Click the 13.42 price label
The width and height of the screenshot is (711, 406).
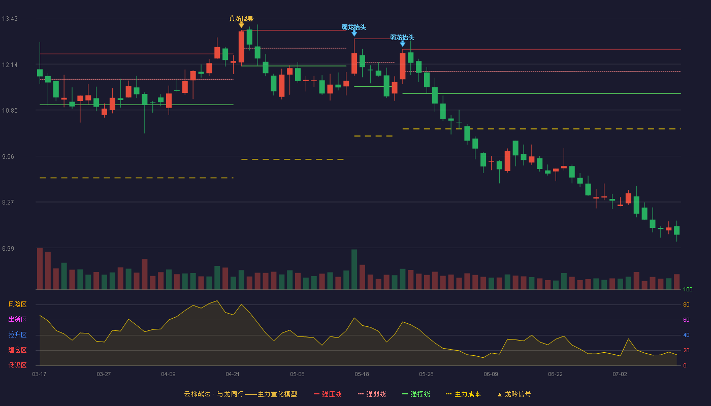point(10,19)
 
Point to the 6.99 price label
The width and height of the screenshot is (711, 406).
point(8,248)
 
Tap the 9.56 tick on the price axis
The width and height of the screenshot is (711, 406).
point(8,157)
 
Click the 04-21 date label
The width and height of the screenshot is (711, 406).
point(233,375)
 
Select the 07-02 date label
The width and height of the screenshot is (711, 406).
point(620,375)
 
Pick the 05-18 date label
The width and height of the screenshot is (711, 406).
point(362,375)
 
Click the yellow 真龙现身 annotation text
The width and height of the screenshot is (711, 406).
point(241,18)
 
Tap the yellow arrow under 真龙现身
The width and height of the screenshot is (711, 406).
point(241,25)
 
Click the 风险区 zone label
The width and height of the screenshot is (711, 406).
point(17,304)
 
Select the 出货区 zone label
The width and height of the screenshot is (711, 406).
point(17,319)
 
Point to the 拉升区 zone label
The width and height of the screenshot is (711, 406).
point(17,334)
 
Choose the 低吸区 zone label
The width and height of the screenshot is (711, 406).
point(17,365)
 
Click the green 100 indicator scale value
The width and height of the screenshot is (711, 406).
point(688,289)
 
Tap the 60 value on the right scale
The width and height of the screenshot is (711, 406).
point(686,320)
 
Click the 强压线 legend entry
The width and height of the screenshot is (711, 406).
point(328,394)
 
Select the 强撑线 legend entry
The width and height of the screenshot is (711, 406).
point(416,394)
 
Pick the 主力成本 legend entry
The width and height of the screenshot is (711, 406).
point(463,394)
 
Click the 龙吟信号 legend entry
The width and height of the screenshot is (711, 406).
point(514,394)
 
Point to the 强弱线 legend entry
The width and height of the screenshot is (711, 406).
point(372,394)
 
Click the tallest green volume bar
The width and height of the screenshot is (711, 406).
point(354,269)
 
